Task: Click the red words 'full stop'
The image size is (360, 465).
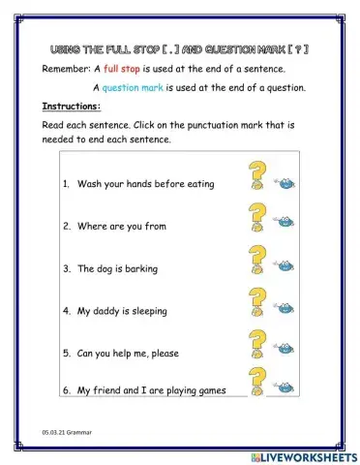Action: [x=124, y=71]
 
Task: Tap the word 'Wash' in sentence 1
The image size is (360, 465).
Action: [x=88, y=184]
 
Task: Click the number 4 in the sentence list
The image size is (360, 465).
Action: [x=66, y=311]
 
